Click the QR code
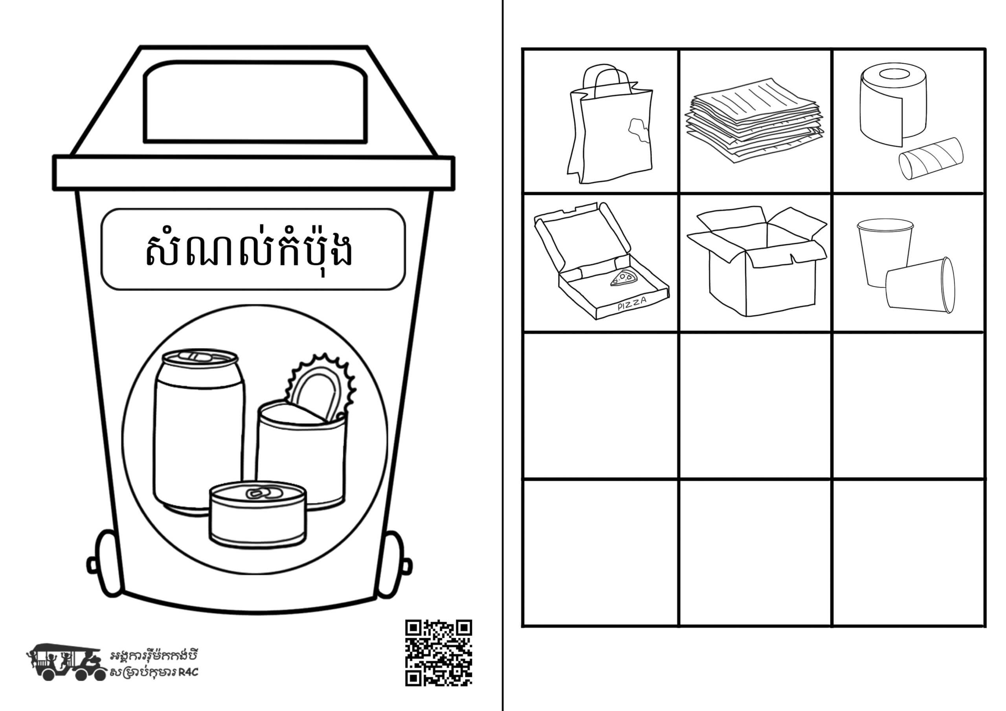[x=438, y=652]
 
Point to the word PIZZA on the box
[x=632, y=304]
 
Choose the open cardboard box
[x=757, y=261]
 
